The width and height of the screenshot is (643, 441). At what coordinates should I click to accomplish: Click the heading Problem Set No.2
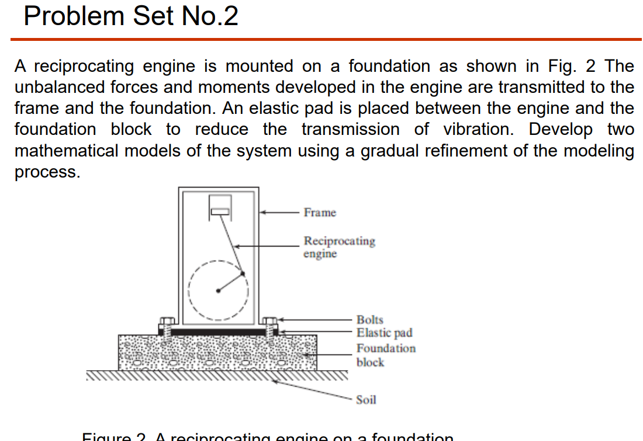[x=131, y=16]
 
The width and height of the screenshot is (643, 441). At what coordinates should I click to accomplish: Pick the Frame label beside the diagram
[x=320, y=213]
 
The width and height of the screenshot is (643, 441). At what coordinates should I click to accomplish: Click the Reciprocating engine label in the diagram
[x=339, y=247]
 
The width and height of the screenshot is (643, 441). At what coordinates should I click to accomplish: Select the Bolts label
[x=369, y=320]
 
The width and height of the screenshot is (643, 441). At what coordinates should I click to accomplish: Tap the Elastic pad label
[x=384, y=333]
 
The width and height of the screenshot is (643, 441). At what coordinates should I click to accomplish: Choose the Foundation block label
[x=386, y=355]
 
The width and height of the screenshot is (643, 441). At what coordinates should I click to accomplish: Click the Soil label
[x=366, y=400]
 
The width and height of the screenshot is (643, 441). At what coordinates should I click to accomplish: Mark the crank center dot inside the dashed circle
[x=218, y=290]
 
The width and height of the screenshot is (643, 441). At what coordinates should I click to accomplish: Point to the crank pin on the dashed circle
[x=243, y=273]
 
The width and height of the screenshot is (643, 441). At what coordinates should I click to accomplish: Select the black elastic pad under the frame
[x=219, y=331]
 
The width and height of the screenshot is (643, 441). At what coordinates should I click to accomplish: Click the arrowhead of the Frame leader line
[x=264, y=213]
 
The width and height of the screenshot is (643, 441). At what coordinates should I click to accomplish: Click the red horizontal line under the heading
[x=326, y=39]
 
